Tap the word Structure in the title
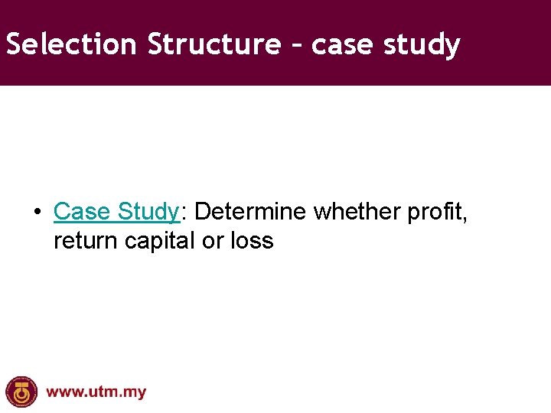click(214, 44)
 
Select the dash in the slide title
click(297, 46)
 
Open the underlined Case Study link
click(116, 211)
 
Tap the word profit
click(435, 211)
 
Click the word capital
click(160, 242)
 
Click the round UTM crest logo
click(21, 392)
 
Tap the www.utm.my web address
click(96, 392)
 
